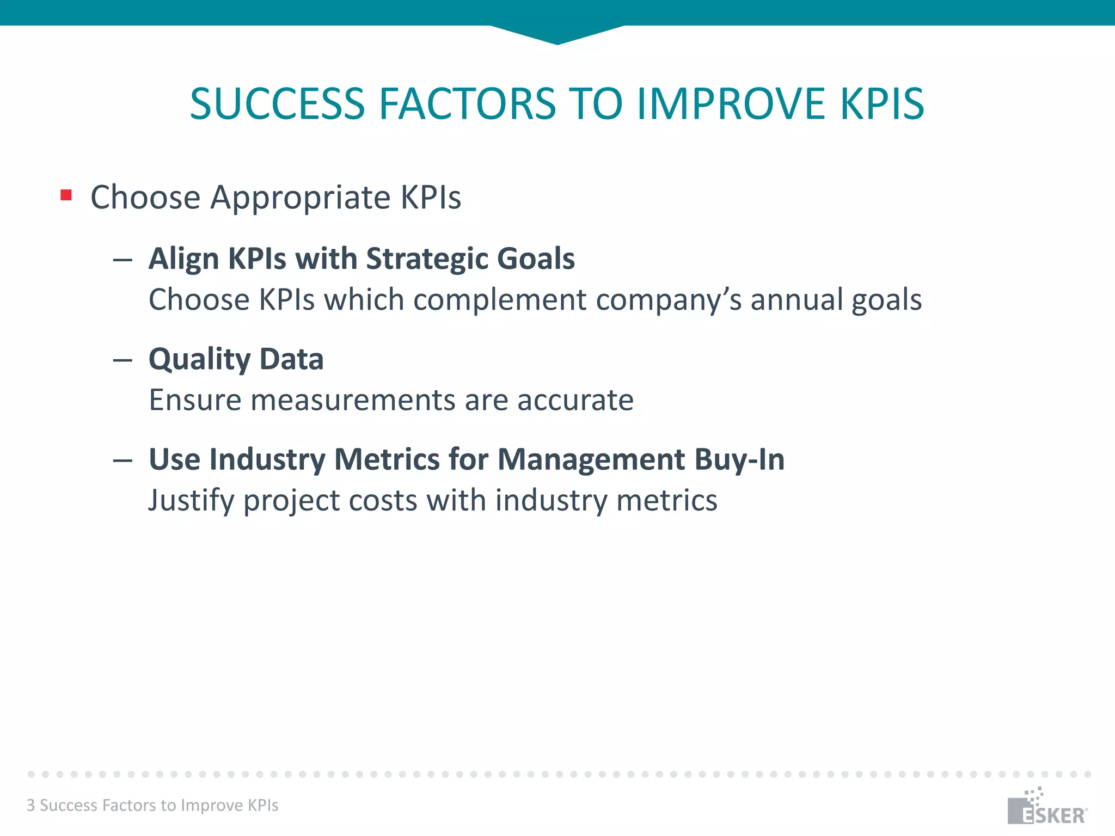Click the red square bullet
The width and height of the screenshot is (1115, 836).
point(66,195)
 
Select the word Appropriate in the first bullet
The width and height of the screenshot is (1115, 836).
point(301,198)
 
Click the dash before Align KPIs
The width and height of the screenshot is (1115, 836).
point(123,260)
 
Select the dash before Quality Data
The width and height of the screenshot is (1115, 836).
point(123,360)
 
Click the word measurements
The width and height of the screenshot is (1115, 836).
point(353,401)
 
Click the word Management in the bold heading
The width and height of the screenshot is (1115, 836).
point(591,460)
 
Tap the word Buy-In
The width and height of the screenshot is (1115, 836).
point(739,460)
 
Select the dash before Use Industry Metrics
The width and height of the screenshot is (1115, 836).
point(123,460)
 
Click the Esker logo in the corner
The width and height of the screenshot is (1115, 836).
point(1046,808)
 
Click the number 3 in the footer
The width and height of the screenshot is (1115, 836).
point(31,806)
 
